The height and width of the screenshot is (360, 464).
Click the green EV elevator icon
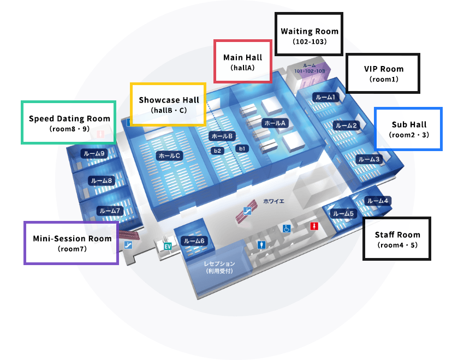click(168, 246)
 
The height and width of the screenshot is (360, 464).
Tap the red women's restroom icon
click(314, 226)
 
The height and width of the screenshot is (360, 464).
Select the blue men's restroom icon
click(263, 245)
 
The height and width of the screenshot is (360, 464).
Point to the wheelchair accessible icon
click(287, 229)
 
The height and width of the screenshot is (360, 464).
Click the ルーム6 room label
click(194, 241)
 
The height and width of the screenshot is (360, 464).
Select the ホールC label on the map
click(169, 155)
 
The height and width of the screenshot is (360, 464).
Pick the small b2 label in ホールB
click(217, 150)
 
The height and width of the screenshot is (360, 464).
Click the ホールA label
click(275, 123)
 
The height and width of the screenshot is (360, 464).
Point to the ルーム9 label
click(93, 154)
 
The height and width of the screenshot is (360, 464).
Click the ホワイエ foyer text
click(273, 201)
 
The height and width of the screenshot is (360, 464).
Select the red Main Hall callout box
click(242, 61)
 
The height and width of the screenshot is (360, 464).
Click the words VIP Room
click(384, 69)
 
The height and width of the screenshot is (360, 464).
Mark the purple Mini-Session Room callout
click(72, 243)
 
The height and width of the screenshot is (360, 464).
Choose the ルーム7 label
click(109, 211)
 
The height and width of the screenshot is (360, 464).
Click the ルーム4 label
click(377, 201)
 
